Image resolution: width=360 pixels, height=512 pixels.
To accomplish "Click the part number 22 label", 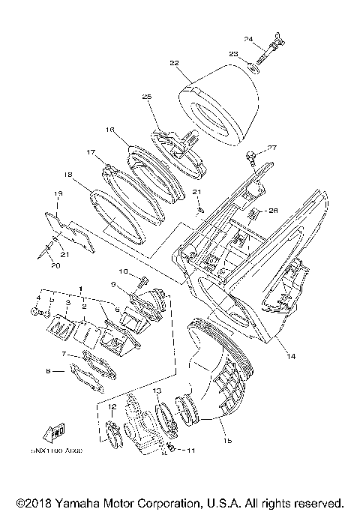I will click(x=174, y=64).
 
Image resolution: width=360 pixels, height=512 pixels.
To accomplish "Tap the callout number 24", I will click(x=248, y=38).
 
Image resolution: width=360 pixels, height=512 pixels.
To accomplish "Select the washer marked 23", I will click(x=256, y=67).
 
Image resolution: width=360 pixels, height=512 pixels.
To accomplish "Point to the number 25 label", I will click(x=146, y=97).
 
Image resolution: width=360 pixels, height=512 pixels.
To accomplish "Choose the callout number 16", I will click(x=109, y=130).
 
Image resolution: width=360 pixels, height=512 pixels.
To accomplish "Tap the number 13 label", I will click(x=157, y=391).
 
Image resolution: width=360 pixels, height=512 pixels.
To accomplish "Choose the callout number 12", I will click(x=112, y=407).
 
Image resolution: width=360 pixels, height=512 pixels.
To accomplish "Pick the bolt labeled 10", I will click(x=141, y=283).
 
